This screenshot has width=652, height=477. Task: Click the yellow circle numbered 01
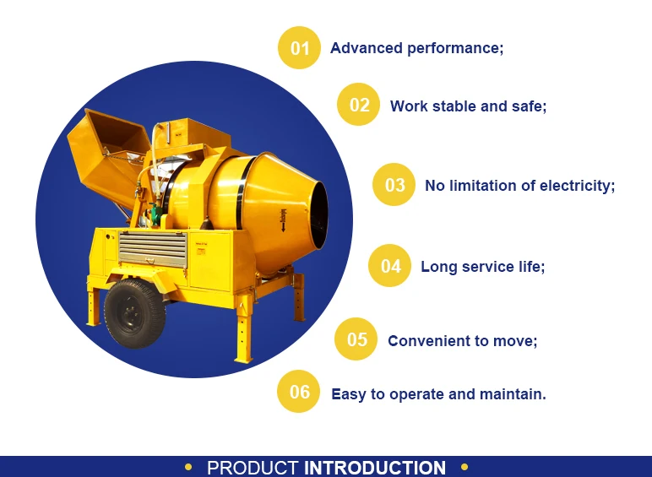(300, 48)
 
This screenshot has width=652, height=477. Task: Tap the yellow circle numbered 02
(359, 105)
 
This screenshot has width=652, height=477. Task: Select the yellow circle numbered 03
(394, 185)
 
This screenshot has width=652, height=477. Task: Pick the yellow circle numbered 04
(390, 266)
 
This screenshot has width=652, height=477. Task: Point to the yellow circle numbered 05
(356, 339)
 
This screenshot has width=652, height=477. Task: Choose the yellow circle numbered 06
(299, 392)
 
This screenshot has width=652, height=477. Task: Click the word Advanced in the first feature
(366, 48)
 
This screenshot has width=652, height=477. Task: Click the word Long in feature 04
(438, 267)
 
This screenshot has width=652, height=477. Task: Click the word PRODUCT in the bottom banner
(253, 468)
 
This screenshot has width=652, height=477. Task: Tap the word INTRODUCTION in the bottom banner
(375, 468)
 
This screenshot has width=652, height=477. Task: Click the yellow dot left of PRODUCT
(188, 467)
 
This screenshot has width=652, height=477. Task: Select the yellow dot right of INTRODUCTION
(465, 467)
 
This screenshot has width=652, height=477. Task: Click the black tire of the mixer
(134, 313)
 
